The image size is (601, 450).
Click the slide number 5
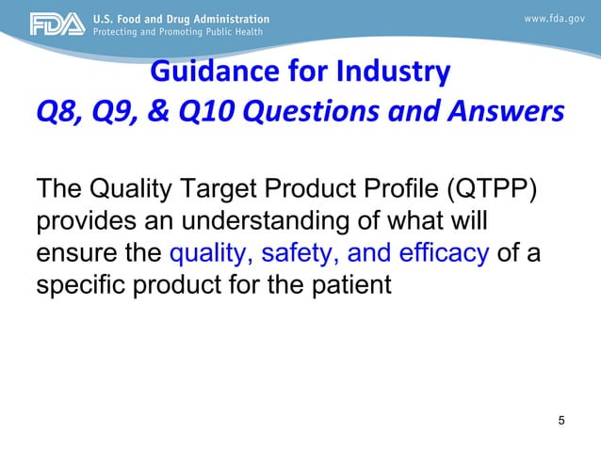pos(562,419)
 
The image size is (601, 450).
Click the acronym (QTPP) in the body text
pos(490,194)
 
